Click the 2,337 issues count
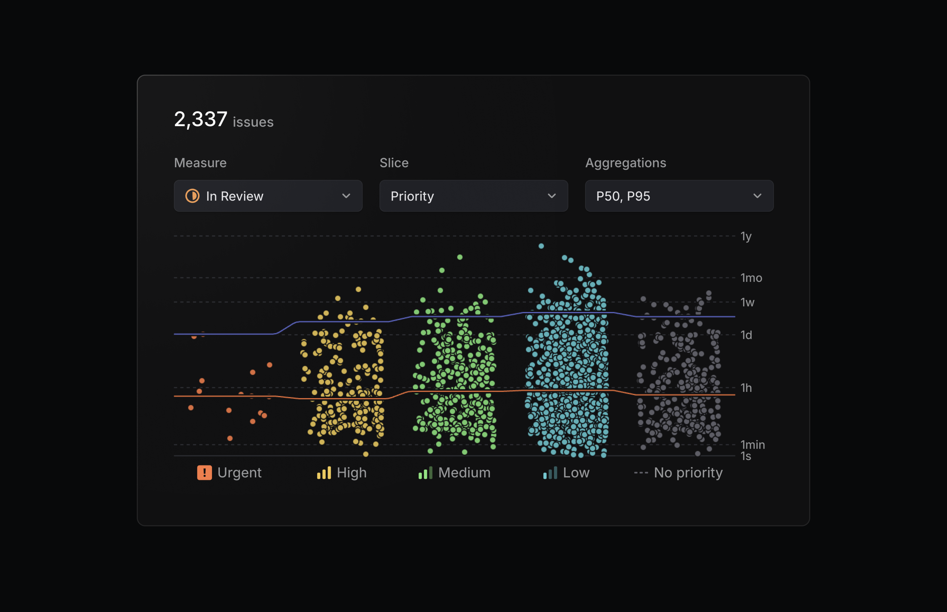coord(223,120)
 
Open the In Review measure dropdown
coord(268,196)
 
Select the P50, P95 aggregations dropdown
coord(679,196)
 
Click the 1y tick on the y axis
coord(745,236)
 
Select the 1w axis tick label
coord(747,302)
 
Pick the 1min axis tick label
coord(752,445)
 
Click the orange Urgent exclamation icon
coord(204,473)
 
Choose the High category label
coord(351,473)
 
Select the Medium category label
coord(464,473)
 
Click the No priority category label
coord(688,473)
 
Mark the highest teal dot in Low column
coord(541,246)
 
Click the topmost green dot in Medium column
coord(460,257)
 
